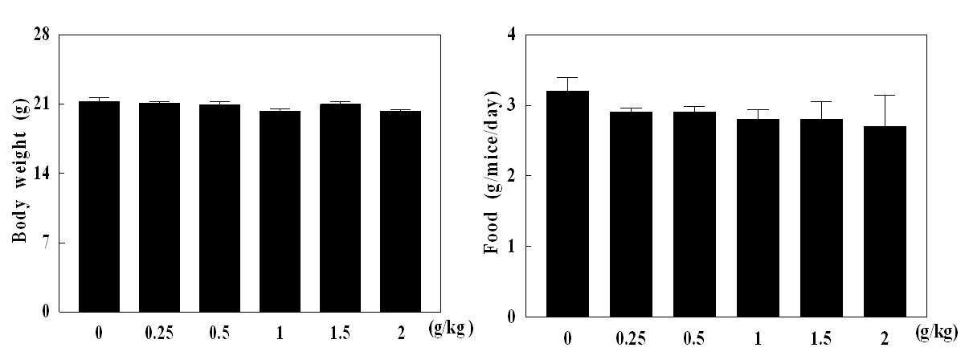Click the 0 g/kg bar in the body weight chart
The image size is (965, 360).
[x=99, y=207]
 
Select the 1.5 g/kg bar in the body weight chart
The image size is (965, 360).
[x=341, y=208]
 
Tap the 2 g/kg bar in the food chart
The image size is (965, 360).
[x=885, y=222]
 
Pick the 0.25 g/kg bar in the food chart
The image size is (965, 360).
[x=631, y=215]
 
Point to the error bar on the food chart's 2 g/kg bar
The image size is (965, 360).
[x=885, y=111]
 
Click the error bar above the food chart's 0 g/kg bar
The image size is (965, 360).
[x=567, y=84]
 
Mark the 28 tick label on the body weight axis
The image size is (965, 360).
[x=41, y=34]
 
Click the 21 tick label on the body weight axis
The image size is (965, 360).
[x=41, y=104]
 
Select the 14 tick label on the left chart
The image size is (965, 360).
[x=41, y=173]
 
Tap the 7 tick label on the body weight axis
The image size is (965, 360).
[x=46, y=243]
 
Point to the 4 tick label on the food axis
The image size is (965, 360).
[x=511, y=34]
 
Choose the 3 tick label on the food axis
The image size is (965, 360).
[x=511, y=105]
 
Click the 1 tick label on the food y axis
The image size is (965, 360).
[x=511, y=247]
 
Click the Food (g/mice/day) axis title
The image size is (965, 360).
[x=491, y=172]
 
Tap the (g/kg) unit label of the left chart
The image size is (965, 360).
[x=451, y=329]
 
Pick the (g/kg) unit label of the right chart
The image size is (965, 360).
[x=937, y=332]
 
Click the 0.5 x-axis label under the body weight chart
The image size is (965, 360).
[x=219, y=333]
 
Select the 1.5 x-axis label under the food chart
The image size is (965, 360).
[x=821, y=339]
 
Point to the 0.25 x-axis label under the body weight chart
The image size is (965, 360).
[x=159, y=333]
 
